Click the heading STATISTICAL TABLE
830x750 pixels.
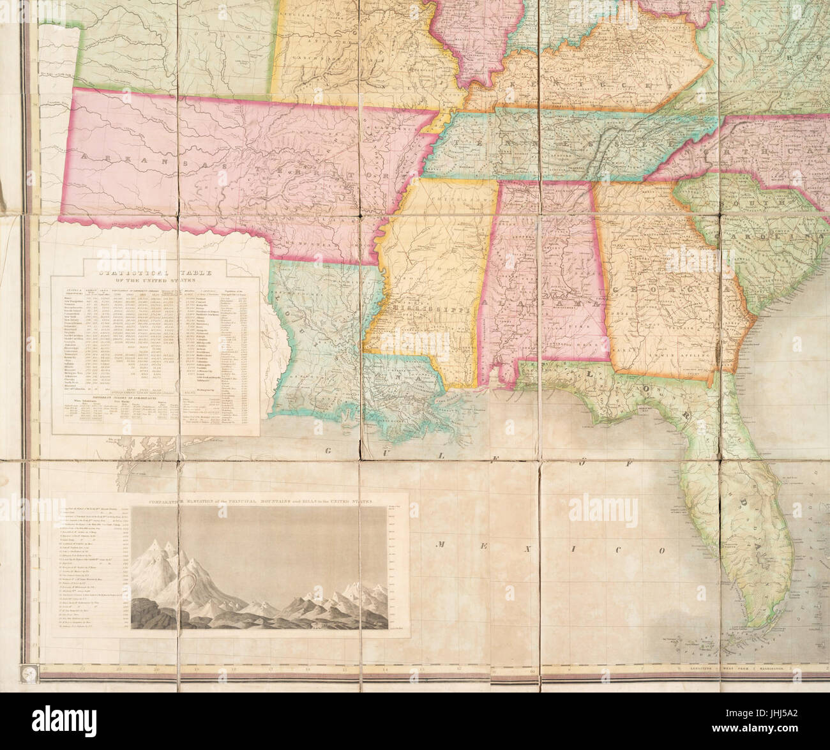(155, 270)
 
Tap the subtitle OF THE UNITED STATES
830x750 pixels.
(155, 279)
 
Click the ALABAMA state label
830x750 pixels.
(543, 300)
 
